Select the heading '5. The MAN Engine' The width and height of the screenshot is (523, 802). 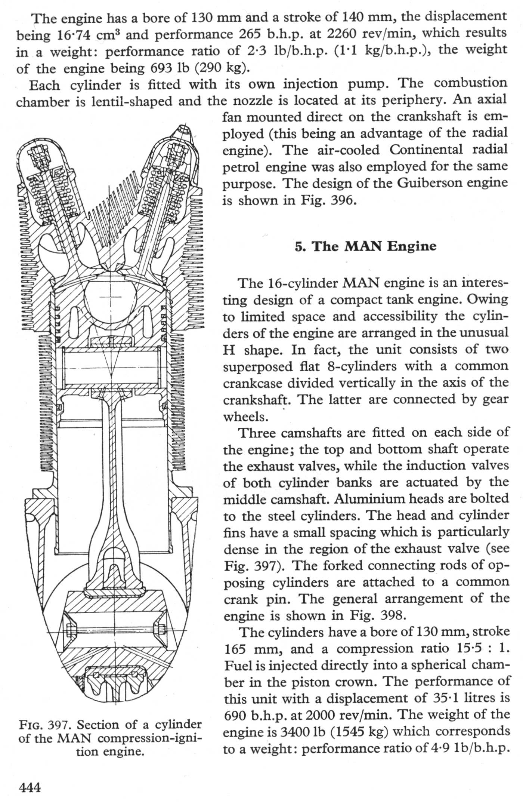pyautogui.click(x=365, y=246)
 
